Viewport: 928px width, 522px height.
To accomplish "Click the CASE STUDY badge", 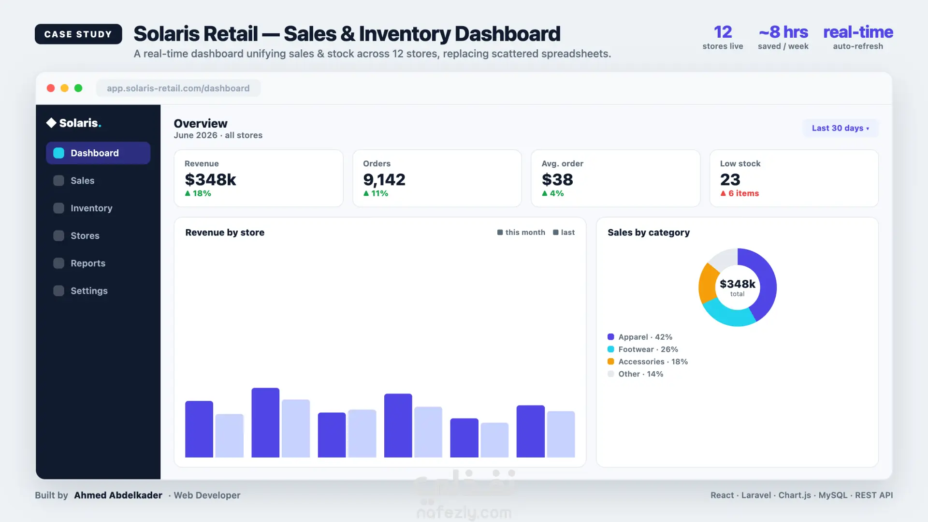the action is pos(78,34).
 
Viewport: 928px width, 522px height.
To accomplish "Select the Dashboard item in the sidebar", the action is pos(98,153).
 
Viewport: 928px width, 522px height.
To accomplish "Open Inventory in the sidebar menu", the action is pos(91,208).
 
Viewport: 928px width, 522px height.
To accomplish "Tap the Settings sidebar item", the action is pos(89,290).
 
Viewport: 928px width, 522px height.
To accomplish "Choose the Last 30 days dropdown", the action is pos(841,128).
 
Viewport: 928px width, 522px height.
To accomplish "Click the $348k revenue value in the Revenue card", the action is pos(210,179).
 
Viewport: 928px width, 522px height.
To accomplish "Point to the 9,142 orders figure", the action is pos(384,179).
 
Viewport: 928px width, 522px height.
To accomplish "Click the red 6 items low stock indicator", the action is pos(739,193).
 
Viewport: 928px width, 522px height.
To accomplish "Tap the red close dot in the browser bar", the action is pos(51,88).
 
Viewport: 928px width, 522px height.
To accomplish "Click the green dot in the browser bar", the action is pos(78,88).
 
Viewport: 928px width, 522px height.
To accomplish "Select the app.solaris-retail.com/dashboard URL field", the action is pos(178,88).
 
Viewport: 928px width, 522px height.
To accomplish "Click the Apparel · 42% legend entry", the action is pos(640,337).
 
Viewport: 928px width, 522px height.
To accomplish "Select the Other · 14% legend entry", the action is pos(636,374).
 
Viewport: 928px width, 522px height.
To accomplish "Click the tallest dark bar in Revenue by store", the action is pos(265,422).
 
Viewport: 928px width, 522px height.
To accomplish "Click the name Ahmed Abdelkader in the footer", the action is pos(118,495).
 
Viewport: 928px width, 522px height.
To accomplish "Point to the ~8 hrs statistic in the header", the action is pos(783,32).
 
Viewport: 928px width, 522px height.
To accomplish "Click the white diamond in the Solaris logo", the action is pos(51,123).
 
